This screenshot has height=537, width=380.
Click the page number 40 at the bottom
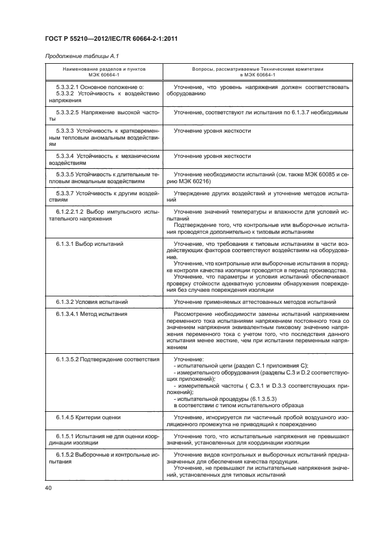coord(49,488)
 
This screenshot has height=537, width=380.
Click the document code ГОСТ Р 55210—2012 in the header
coord(86,37)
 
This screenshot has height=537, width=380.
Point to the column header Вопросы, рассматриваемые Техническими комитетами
coord(258,69)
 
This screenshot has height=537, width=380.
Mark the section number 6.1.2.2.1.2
coord(72,212)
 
